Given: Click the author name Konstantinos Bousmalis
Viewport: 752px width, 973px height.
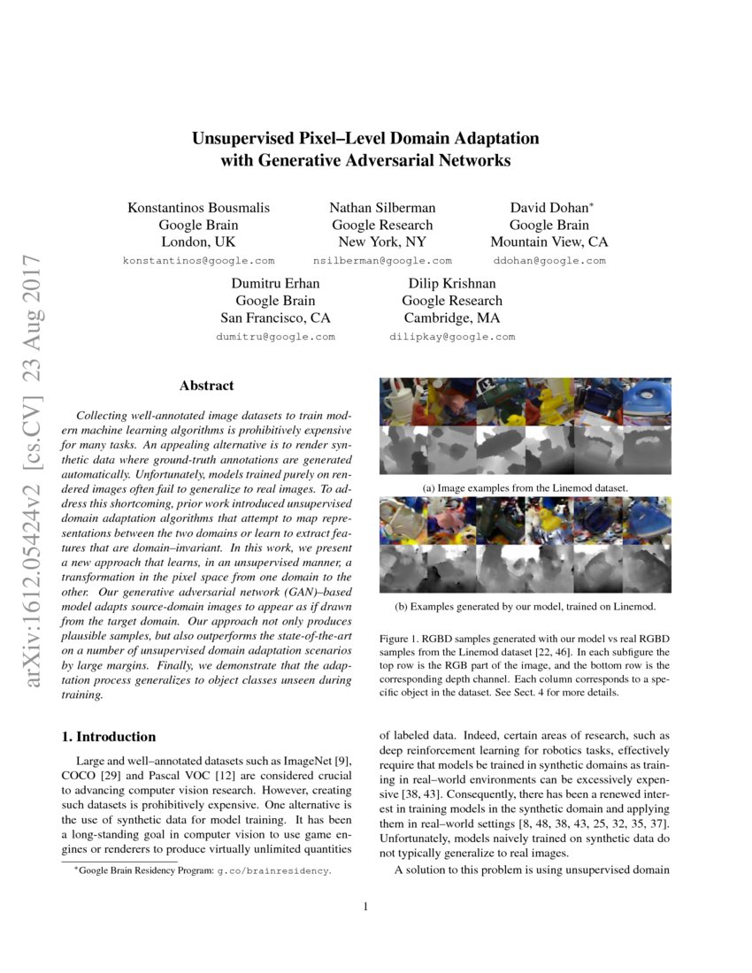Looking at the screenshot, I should pos(199,208).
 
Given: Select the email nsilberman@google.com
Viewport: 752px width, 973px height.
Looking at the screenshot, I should pos(382,261).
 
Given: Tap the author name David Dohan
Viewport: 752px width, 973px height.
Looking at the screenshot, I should pos(549,208).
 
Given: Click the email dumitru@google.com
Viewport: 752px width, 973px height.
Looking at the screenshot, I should pos(275,337).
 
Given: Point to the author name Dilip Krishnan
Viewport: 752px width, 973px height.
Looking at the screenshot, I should pos(451,284).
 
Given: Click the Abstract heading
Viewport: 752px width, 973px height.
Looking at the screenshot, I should pos(206,386).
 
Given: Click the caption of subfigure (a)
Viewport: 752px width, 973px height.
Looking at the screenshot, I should pos(525,488).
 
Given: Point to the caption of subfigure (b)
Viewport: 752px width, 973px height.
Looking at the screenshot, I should pos(525,608).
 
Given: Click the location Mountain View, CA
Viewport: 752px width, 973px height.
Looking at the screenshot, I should pos(549,241).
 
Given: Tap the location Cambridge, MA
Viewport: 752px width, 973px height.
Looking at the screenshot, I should pos(451,318).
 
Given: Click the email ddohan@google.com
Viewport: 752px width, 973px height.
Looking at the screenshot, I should pos(549,261).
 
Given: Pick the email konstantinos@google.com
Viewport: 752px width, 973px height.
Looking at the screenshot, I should pos(199,261).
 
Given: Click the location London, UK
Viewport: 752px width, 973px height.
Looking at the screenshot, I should pos(199,241).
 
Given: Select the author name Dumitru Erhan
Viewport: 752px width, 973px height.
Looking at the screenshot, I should pos(275,284).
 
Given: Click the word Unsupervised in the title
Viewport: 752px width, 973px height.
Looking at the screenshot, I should pos(249,139).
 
